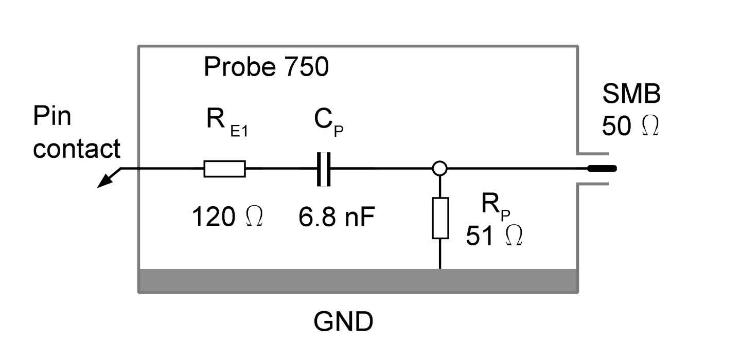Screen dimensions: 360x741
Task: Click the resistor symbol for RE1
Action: click(x=224, y=169)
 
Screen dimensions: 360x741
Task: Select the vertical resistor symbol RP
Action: click(x=440, y=218)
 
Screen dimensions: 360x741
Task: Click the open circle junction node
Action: click(x=440, y=168)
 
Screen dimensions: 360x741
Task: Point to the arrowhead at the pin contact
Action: click(x=104, y=181)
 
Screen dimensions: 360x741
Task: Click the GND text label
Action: click(x=343, y=323)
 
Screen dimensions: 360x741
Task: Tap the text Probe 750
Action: click(x=266, y=67)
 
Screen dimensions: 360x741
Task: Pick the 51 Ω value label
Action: click(x=495, y=236)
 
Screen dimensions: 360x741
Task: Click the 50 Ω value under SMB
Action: click(x=630, y=126)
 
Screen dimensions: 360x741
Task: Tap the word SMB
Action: click(x=631, y=96)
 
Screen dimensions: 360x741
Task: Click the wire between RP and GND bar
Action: click(x=440, y=254)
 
